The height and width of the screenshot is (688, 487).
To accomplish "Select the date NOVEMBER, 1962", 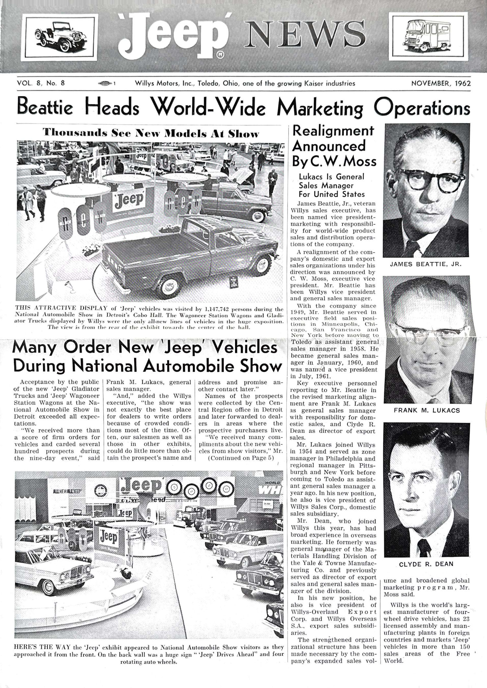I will tap(441, 83).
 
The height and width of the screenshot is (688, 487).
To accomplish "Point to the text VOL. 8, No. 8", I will tap(41, 83).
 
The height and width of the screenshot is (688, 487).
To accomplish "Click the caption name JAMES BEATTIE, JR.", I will tap(426, 264).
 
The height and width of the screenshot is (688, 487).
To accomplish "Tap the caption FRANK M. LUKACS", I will tap(427, 410).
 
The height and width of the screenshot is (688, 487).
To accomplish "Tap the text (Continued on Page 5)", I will tap(241, 458).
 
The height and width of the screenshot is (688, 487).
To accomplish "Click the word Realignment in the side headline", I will tap(333, 131).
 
